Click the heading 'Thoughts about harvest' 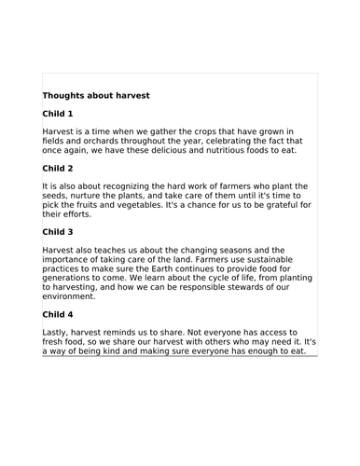tap(96, 95)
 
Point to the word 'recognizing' tap(117, 186)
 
